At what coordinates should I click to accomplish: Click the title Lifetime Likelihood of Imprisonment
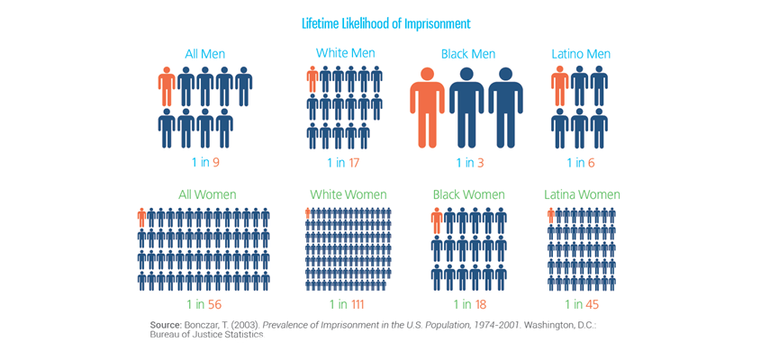pos(385,22)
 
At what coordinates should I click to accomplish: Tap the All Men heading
pos(205,54)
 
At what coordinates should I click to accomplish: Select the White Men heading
pos(346,53)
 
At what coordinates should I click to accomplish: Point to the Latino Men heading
pos(581,54)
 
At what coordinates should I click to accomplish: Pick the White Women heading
pos(348,194)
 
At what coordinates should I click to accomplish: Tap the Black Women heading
pos(470,194)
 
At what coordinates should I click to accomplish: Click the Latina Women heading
pos(582,194)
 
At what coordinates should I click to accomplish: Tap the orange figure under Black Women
pos(437,221)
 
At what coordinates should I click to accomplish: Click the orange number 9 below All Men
pos(216,163)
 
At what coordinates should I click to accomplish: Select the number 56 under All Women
pos(216,304)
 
